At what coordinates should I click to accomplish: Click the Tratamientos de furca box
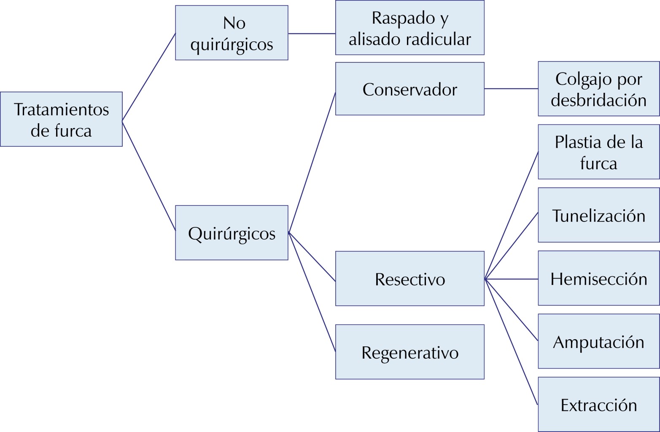[61, 119]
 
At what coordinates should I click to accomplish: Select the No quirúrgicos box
[232, 33]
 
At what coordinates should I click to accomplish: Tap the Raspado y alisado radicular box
[409, 28]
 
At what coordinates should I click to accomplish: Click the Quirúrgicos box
[232, 233]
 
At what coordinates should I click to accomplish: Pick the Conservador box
[409, 89]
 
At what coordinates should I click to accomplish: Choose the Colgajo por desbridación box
[598, 89]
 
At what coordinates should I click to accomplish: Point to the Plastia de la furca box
[598, 152]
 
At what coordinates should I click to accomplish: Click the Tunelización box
[598, 215]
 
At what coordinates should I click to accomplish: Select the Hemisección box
[598, 278]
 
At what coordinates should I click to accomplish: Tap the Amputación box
[598, 341]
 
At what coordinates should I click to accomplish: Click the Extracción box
[598, 405]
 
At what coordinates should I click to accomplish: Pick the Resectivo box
[409, 279]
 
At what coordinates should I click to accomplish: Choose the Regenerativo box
[409, 352]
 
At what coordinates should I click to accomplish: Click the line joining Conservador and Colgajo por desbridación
[511, 89]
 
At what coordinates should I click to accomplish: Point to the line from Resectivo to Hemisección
[511, 279]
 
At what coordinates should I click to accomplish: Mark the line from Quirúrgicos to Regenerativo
[312, 292]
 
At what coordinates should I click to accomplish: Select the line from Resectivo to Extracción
[511, 342]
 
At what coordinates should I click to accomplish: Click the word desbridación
[598, 100]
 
